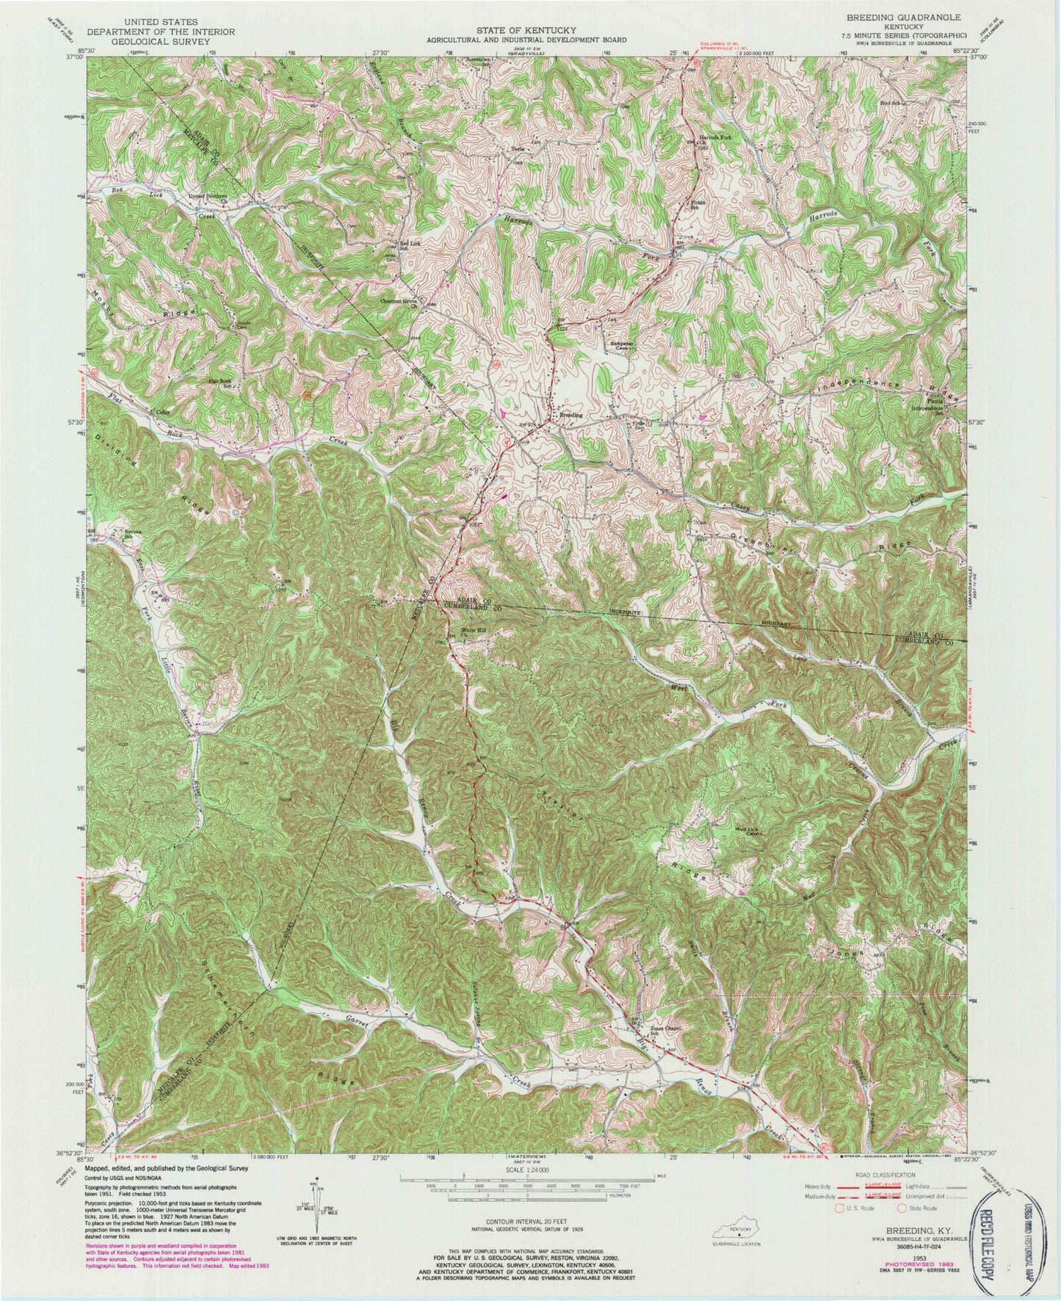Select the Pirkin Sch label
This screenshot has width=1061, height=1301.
(x=696, y=203)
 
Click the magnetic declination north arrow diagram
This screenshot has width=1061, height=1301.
(x=312, y=1204)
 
